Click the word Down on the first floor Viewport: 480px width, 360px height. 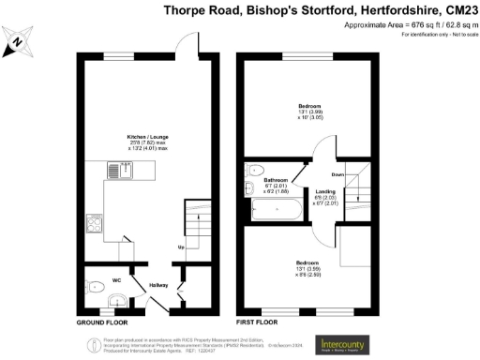pos(337,174)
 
